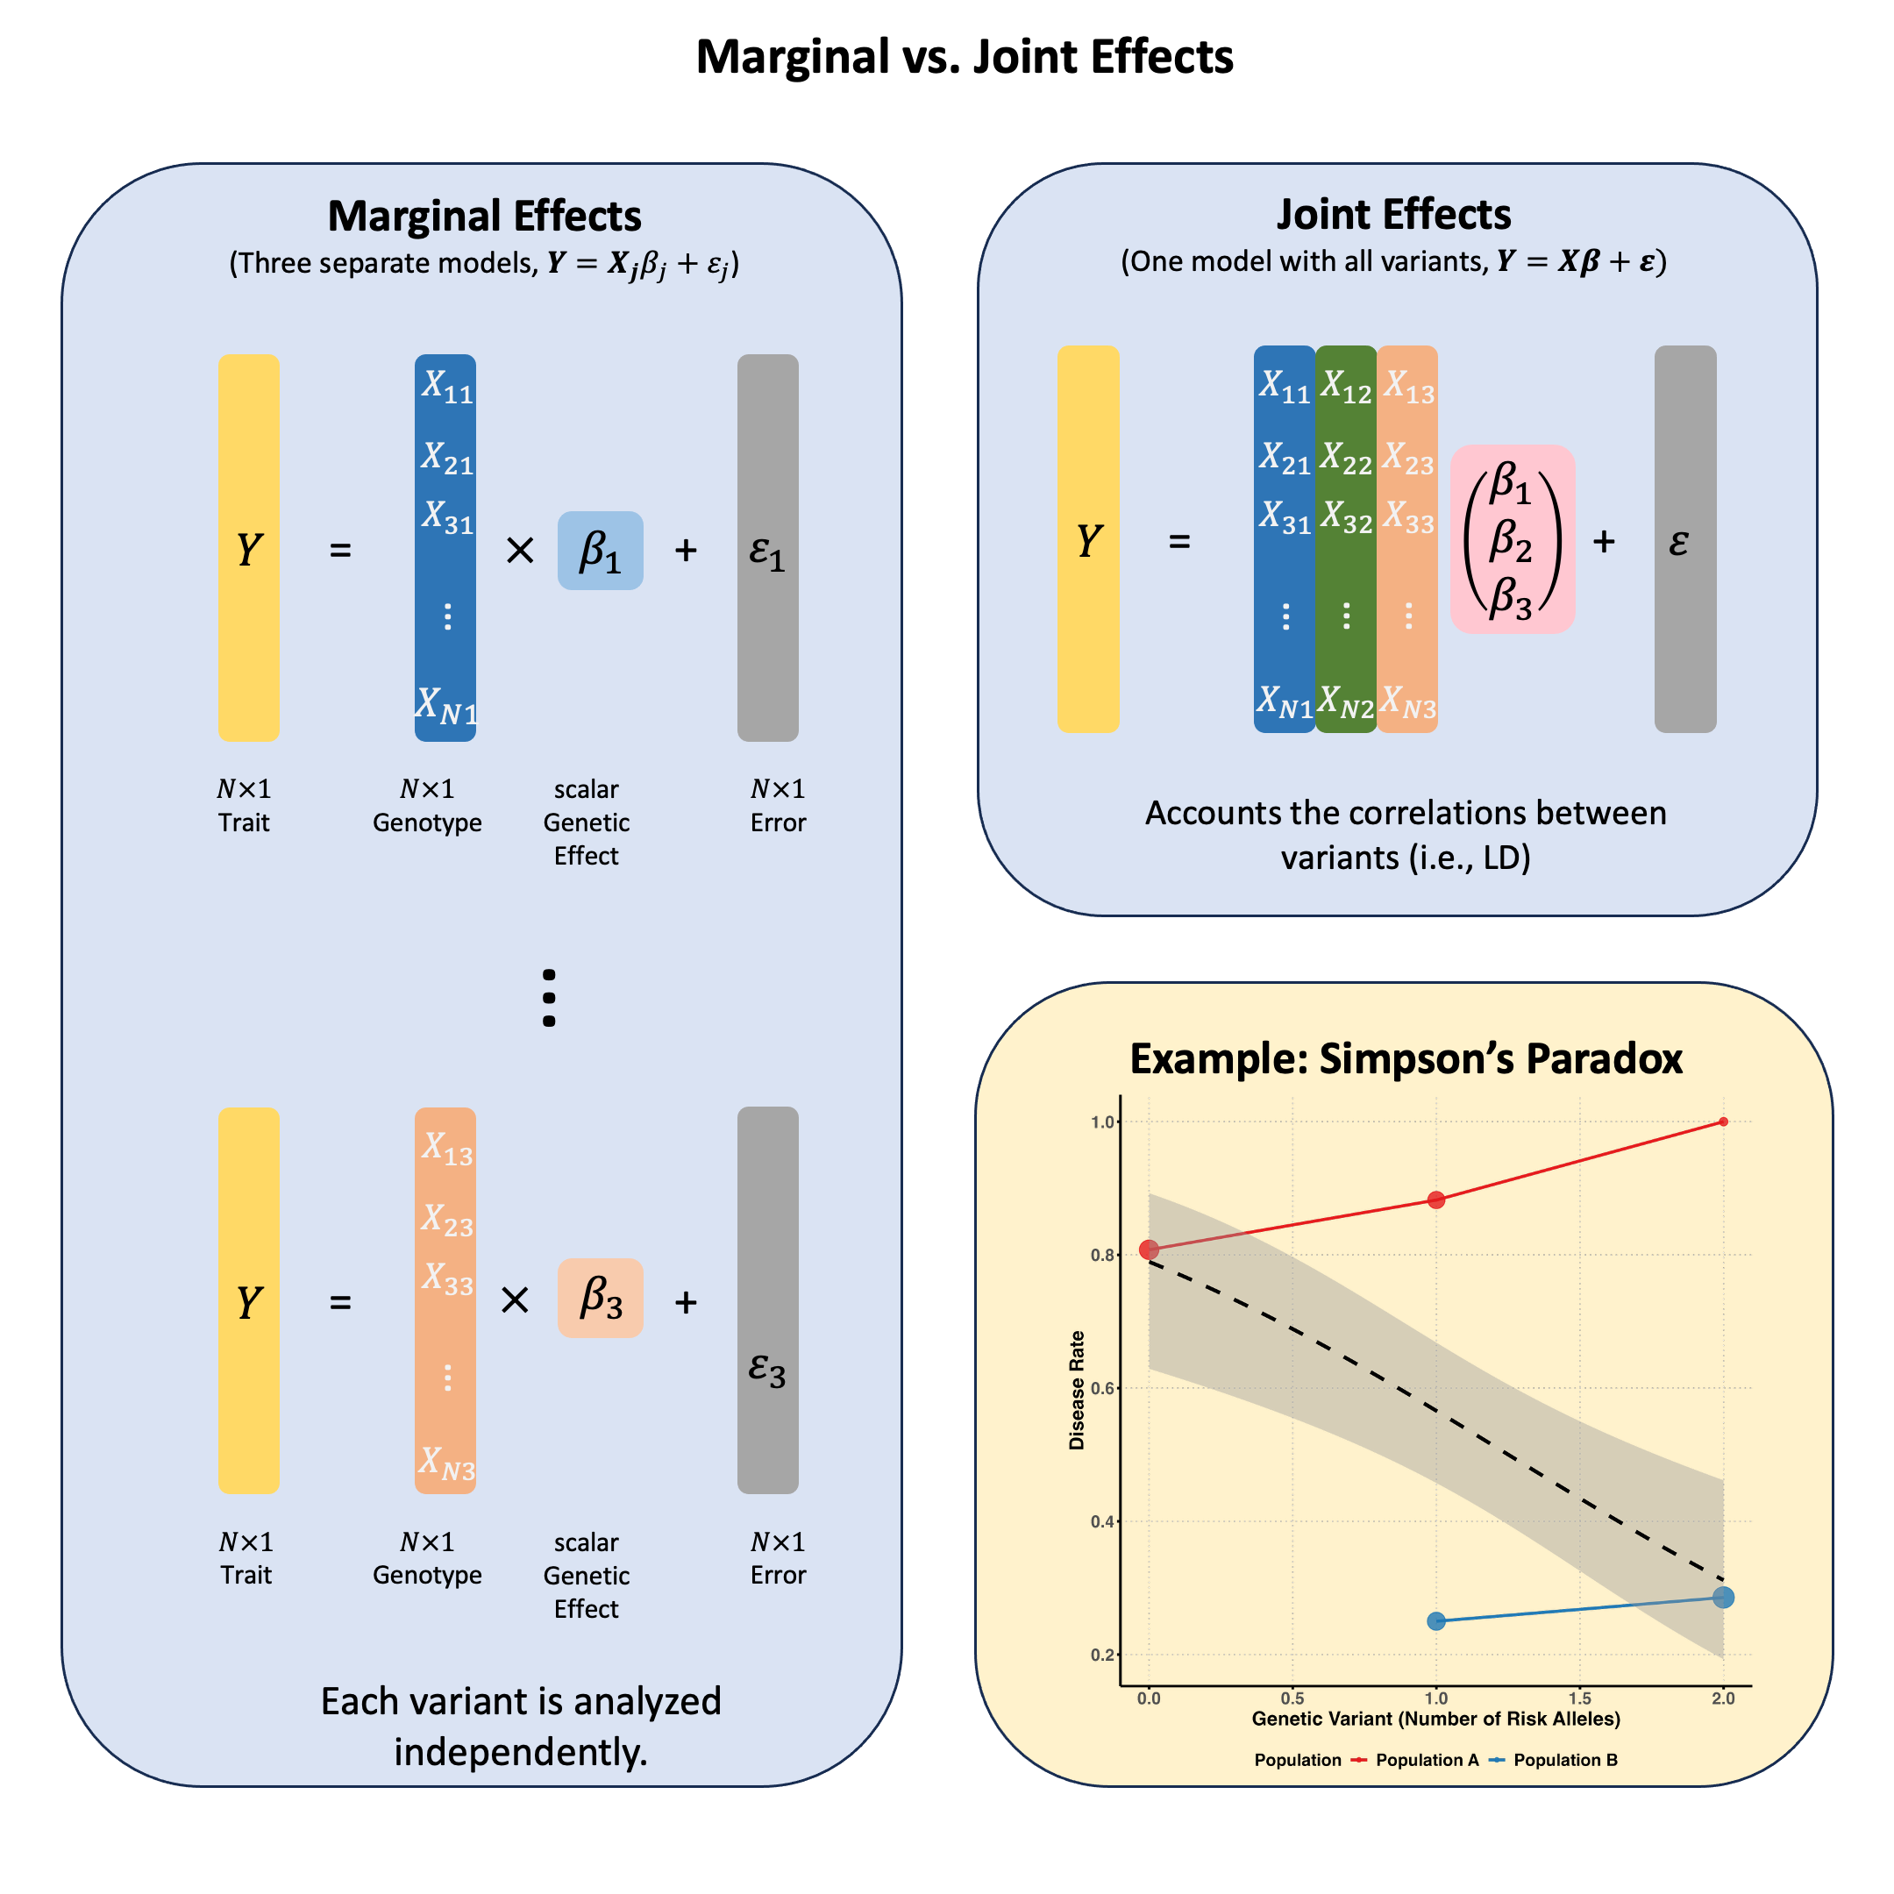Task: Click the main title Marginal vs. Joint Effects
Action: pos(964,57)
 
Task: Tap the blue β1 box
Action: pos(600,550)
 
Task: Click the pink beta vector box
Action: pos(1512,539)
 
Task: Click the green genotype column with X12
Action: pos(1345,538)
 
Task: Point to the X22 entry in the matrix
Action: pos(1345,458)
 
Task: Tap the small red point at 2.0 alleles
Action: pos(1723,1121)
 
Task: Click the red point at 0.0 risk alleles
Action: pos(1149,1249)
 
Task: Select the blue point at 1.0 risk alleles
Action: pos(1436,1620)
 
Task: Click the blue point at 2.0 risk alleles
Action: pos(1723,1597)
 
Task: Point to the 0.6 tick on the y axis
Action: pos(1104,1388)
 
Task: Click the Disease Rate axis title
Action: pos(1078,1390)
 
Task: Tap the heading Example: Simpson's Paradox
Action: pos(1406,1058)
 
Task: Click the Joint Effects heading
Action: pos(1393,214)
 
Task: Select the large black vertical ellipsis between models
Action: pos(549,998)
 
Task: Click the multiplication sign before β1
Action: pos(520,551)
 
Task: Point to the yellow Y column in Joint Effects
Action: pos(1088,538)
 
